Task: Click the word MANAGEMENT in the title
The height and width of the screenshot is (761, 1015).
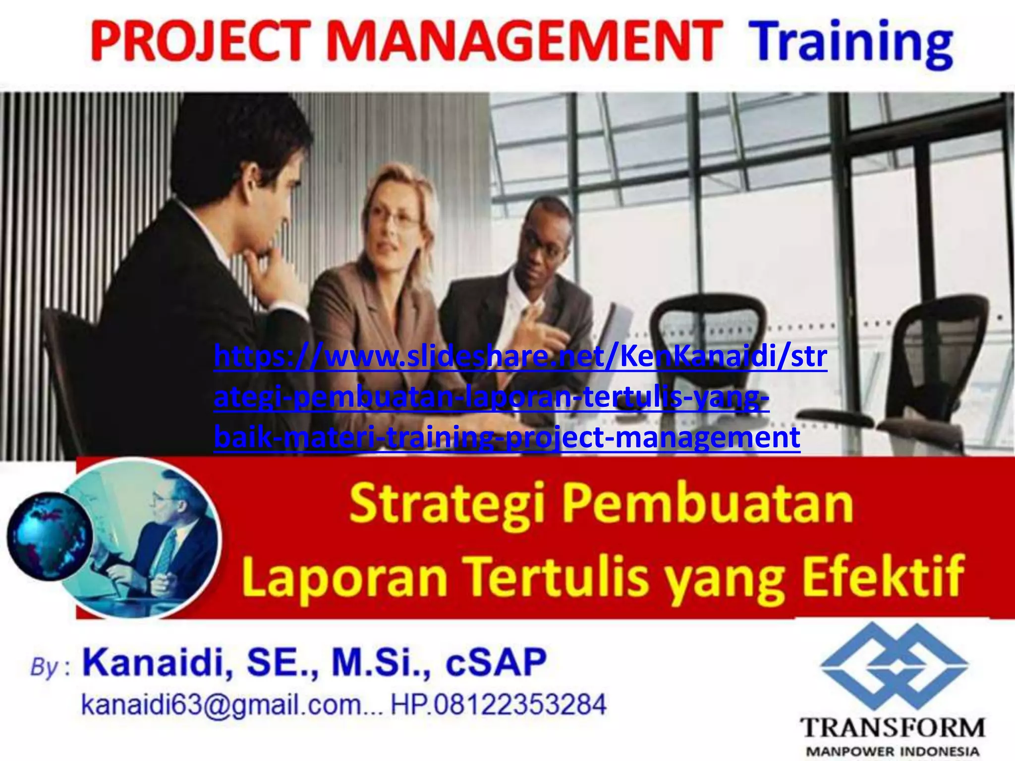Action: pyautogui.click(x=523, y=41)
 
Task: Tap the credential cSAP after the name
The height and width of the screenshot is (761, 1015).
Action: pyautogui.click(x=496, y=663)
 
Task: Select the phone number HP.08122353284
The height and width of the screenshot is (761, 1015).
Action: pyautogui.click(x=499, y=704)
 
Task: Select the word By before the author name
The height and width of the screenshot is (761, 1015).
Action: pyautogui.click(x=45, y=667)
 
